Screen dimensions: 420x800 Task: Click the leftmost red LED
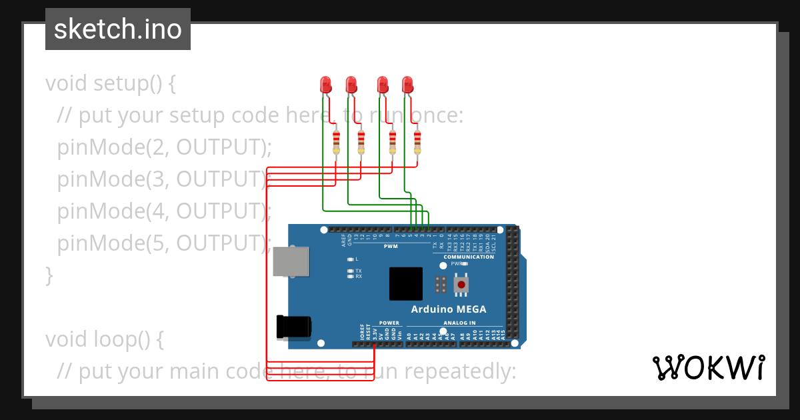tap(326, 85)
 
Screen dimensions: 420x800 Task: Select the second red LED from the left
tap(351, 85)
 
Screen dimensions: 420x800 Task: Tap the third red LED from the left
tap(383, 85)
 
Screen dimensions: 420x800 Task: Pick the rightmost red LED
tap(408, 85)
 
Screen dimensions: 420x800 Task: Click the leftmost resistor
tap(336, 141)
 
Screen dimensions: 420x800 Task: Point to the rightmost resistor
tap(417, 141)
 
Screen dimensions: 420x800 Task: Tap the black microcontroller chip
tap(406, 284)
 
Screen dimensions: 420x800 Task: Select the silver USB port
tap(291, 261)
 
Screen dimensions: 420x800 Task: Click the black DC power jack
tap(293, 327)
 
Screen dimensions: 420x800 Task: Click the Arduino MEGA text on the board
tap(448, 309)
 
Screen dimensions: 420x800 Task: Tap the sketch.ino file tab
tap(118, 29)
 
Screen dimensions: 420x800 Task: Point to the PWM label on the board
tap(391, 246)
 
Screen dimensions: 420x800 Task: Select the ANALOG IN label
tap(459, 323)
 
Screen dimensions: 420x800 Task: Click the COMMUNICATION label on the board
tap(469, 257)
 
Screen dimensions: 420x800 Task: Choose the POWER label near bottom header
tap(389, 323)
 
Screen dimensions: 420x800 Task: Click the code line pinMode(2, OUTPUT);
tap(165, 147)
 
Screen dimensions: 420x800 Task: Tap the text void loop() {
tap(104, 339)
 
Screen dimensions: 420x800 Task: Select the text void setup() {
tap(111, 84)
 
